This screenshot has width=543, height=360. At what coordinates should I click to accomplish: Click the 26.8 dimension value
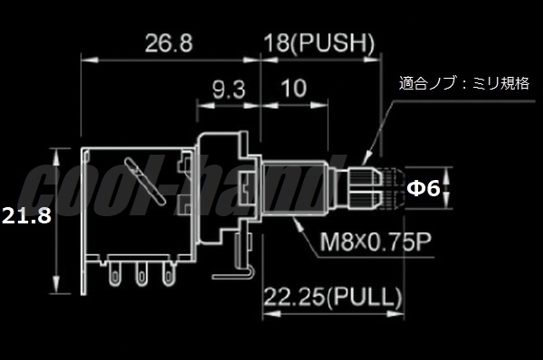168,43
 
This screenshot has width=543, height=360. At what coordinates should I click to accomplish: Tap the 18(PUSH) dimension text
319,43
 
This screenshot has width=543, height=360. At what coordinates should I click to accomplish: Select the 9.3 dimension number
229,90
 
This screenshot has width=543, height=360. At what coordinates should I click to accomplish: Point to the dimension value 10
294,89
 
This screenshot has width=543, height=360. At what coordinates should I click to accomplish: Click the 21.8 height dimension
26,215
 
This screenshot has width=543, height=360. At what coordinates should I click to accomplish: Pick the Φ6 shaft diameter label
424,189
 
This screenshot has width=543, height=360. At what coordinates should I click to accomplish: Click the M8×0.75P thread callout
375,242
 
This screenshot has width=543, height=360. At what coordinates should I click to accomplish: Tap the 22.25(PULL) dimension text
333,298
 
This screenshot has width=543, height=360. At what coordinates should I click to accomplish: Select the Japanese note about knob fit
464,83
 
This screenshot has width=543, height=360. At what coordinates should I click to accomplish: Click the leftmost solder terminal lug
114,273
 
